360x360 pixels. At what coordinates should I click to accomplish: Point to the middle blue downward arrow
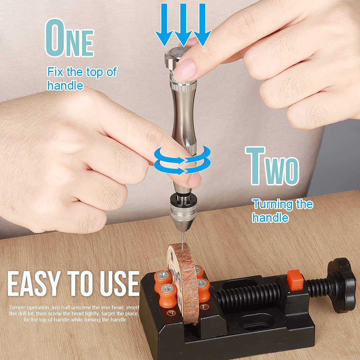click(x=183, y=23)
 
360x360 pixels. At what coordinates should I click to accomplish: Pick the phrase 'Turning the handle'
click(x=282, y=211)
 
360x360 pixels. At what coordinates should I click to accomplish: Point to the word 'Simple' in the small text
click(x=18, y=307)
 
